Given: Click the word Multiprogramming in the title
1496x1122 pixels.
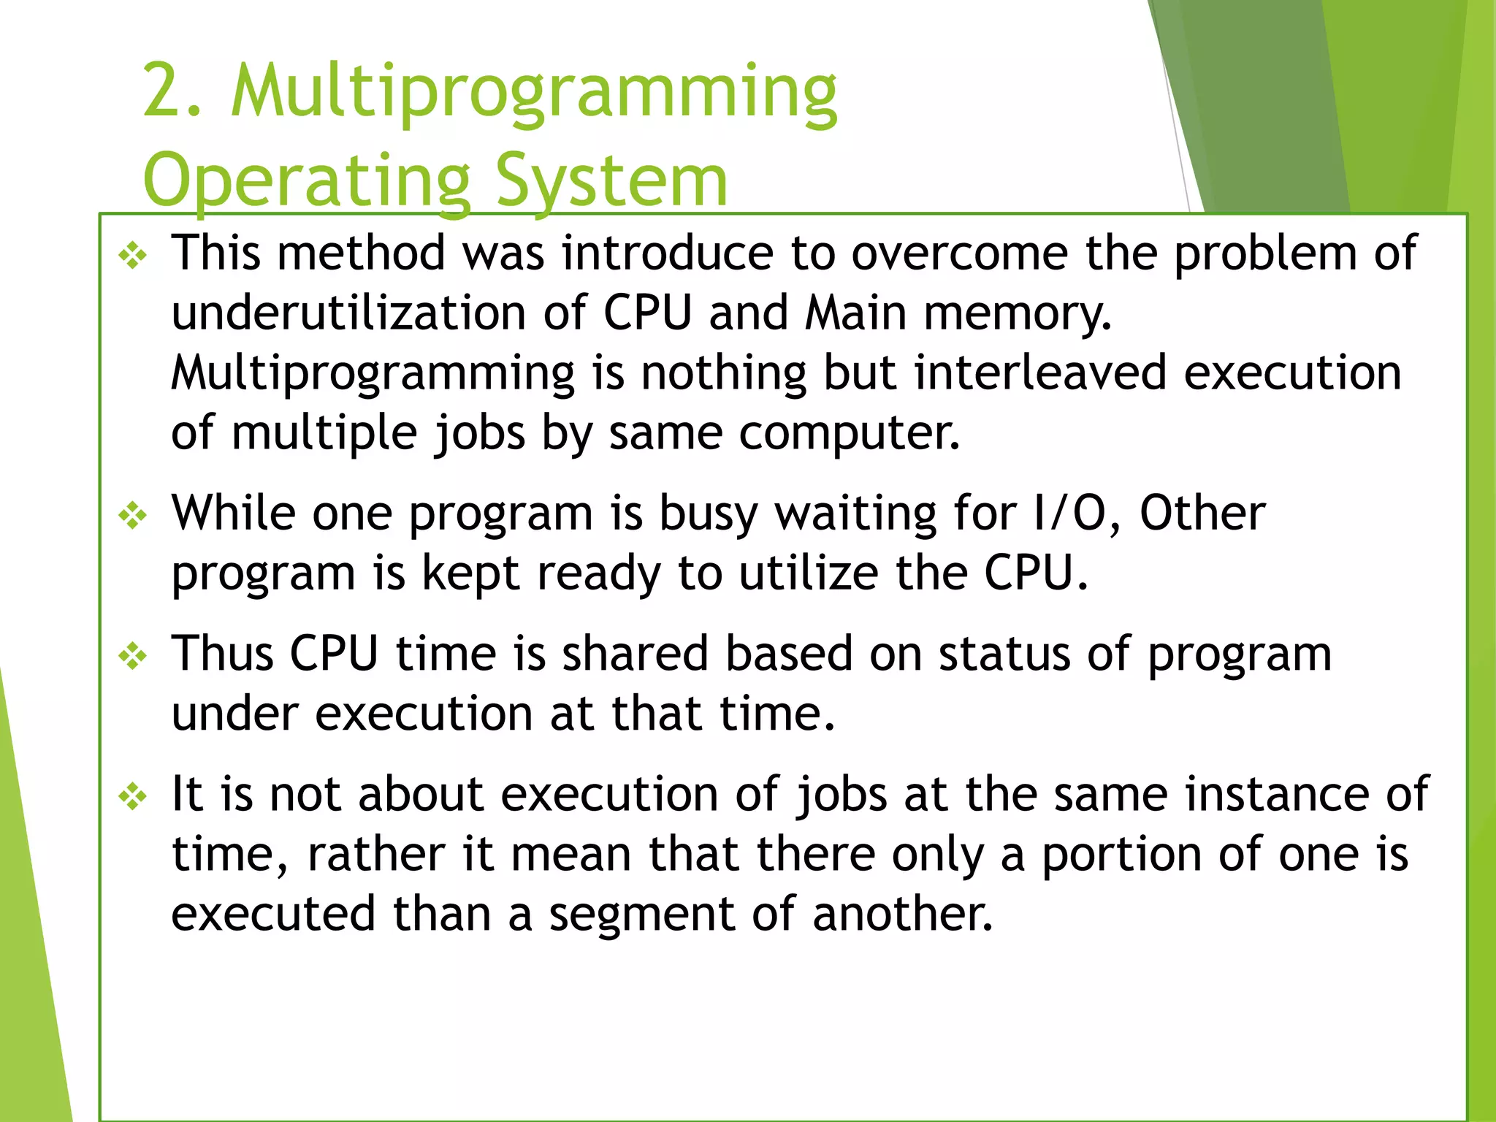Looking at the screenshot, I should point(533,93).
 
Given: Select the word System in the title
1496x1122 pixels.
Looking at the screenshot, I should point(611,181).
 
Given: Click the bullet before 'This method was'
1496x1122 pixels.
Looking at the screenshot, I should point(133,256).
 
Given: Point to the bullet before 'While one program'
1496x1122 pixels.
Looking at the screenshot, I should point(133,516).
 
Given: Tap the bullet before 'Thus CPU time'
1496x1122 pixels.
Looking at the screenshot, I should point(133,657).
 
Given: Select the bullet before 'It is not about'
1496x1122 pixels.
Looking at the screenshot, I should point(133,797).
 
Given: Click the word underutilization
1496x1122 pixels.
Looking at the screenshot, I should point(348,313).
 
